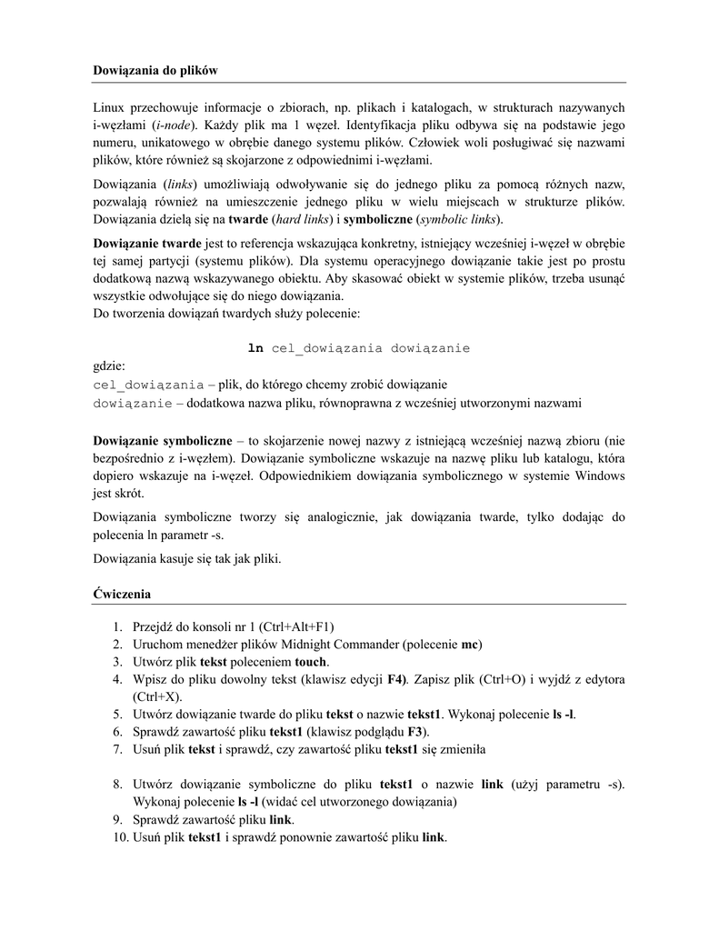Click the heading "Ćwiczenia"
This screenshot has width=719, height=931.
tap(122, 594)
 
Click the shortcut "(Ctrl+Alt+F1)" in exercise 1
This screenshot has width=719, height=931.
tap(297, 626)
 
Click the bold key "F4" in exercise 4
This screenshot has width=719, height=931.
tap(396, 679)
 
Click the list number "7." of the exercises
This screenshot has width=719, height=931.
tap(118, 748)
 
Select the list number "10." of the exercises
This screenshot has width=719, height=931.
tap(115, 836)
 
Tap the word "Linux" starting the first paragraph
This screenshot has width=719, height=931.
tap(110, 108)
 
